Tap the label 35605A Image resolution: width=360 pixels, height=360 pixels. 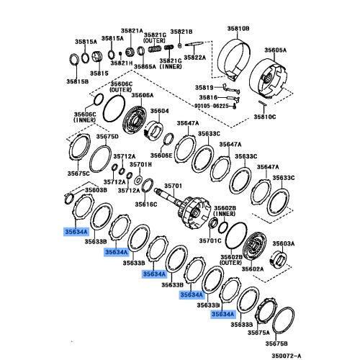(274, 50)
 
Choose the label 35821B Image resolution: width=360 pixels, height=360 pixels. (181, 32)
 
